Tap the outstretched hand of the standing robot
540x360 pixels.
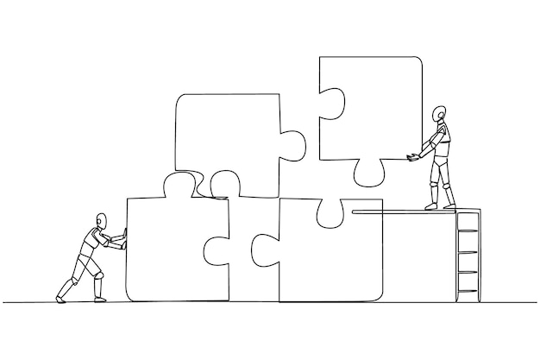click(x=411, y=155)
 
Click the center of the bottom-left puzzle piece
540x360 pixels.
click(x=173, y=250)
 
